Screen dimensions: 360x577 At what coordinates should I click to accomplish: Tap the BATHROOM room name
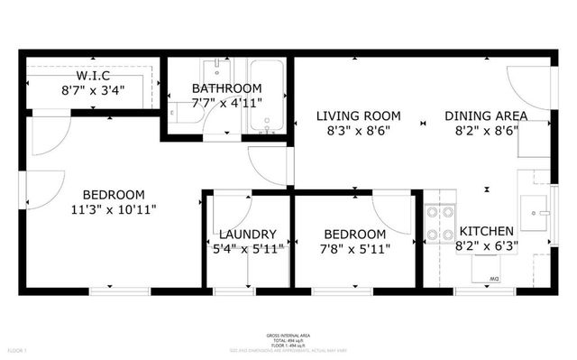227,88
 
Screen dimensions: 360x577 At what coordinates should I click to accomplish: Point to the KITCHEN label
487,232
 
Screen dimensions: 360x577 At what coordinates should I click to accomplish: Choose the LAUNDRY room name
248,235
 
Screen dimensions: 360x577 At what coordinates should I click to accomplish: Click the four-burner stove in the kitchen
439,225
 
